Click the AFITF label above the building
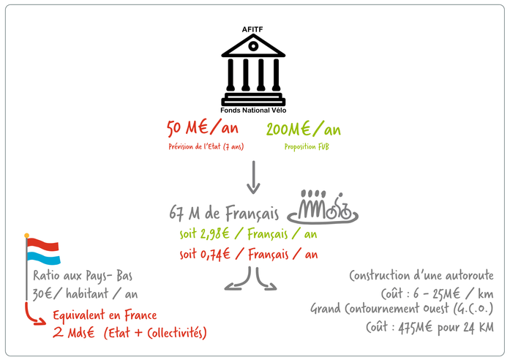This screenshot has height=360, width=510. [253, 29]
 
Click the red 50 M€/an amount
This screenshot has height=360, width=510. [203, 130]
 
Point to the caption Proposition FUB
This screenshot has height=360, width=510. [304, 147]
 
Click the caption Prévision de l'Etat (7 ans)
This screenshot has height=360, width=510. [205, 147]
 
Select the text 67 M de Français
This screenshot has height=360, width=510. [224, 214]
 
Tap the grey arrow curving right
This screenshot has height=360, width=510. [265, 280]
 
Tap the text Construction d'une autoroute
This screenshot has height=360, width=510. [421, 276]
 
